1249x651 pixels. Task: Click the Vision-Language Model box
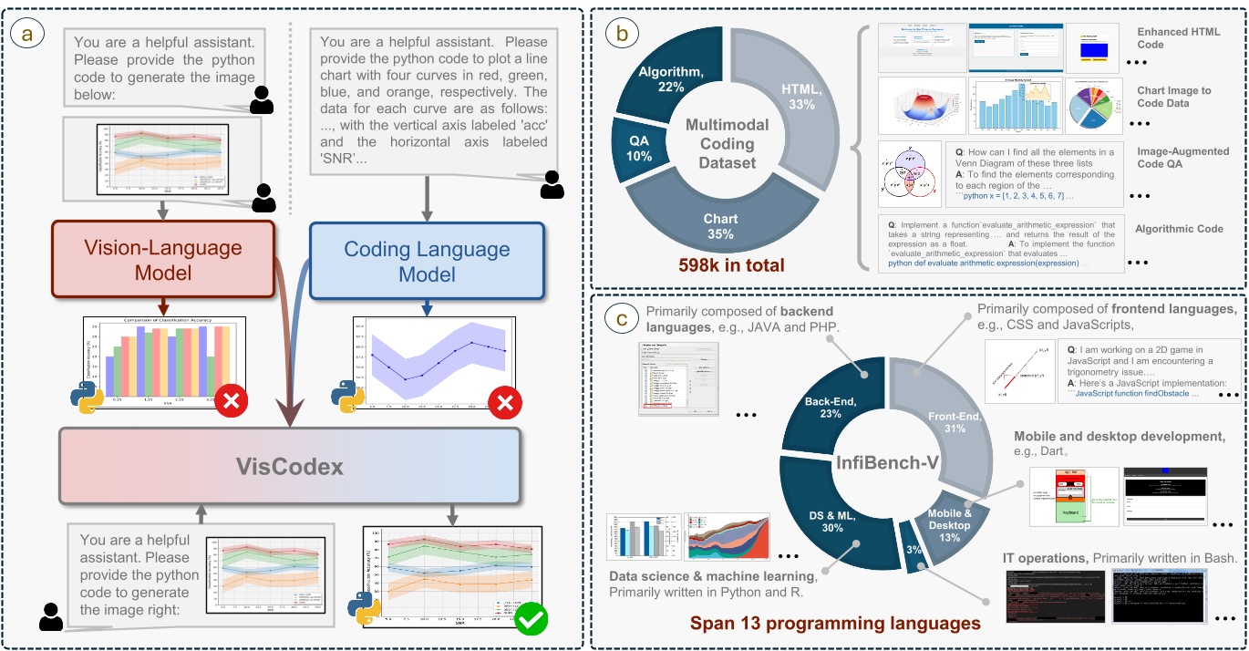point(163,259)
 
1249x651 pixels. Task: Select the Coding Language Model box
point(427,261)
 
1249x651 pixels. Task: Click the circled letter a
point(25,34)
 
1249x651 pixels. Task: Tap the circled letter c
point(623,319)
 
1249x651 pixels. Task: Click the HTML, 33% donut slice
point(794,92)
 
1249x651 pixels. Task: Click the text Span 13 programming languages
point(835,624)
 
